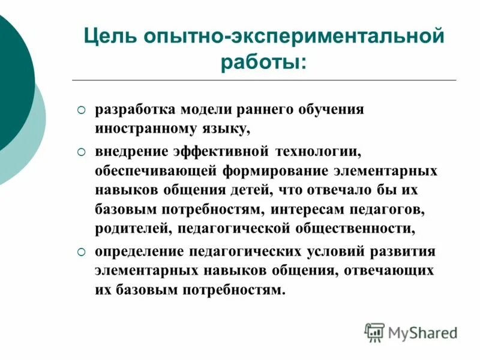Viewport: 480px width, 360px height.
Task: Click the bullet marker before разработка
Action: pos(82,111)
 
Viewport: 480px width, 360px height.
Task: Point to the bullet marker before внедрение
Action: pos(82,151)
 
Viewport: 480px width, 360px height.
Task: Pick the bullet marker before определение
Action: pos(82,251)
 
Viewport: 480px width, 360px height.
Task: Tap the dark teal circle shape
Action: pos(12,78)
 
